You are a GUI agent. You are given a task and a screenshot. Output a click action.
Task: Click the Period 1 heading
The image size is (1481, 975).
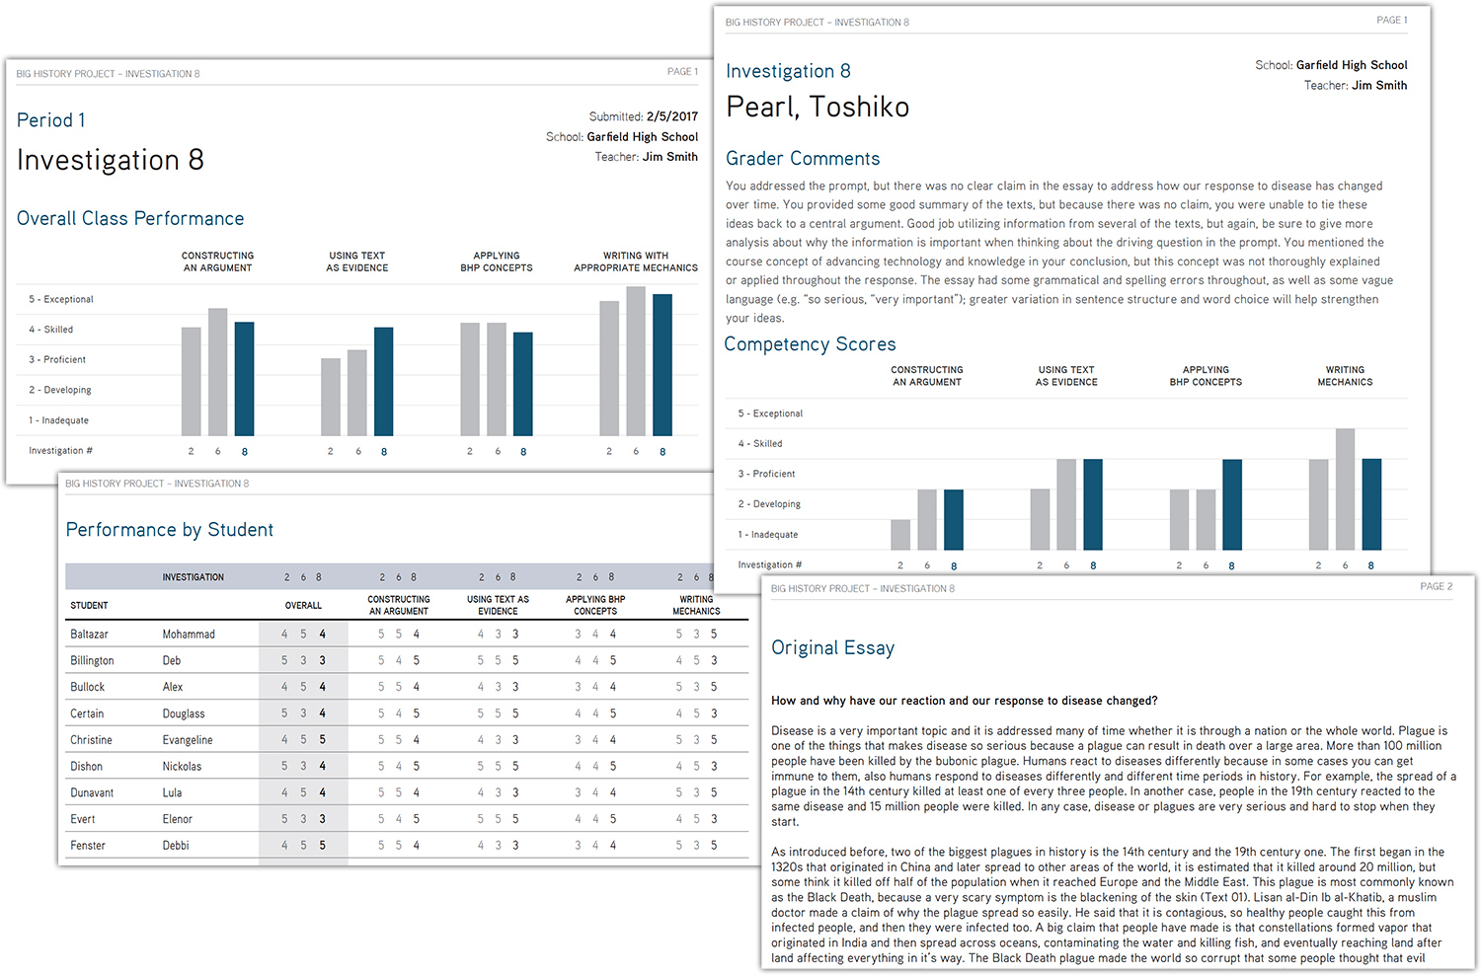point(51,120)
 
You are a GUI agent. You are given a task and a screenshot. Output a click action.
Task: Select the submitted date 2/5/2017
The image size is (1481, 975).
point(671,116)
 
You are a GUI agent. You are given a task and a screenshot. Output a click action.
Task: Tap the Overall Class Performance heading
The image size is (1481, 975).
point(130,219)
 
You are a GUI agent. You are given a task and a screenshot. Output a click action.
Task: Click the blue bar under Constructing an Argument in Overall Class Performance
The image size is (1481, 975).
point(244,379)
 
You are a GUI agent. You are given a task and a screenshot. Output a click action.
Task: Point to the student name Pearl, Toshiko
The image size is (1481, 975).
point(818,108)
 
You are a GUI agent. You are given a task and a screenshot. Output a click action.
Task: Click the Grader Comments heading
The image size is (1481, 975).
point(803,159)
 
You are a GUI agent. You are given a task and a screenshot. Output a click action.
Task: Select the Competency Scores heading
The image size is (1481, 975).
point(810,344)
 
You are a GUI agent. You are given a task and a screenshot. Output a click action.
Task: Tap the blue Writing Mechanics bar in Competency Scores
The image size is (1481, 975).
point(1371,504)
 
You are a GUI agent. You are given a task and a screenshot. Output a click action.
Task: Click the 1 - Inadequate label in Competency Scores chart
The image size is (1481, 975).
point(767,535)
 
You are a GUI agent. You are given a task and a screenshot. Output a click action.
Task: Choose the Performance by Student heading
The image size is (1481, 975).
point(170,530)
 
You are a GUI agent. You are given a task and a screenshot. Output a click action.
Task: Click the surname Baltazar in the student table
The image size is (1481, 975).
point(90,635)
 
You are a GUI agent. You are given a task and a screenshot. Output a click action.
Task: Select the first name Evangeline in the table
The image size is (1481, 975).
point(188,740)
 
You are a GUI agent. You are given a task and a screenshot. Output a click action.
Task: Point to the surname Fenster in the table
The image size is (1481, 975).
point(88,846)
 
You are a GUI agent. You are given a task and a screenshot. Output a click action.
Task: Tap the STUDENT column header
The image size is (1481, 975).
point(89,606)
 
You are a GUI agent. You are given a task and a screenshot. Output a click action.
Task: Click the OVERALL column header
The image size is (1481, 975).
point(303,606)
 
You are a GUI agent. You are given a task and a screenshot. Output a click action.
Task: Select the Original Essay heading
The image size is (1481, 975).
point(832,648)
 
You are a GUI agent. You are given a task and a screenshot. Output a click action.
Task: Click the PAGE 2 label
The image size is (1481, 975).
point(1436,586)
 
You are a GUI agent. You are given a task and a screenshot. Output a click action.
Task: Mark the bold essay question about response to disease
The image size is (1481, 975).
point(964,701)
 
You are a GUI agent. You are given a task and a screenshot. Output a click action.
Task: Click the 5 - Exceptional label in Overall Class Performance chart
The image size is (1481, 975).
point(61,299)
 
